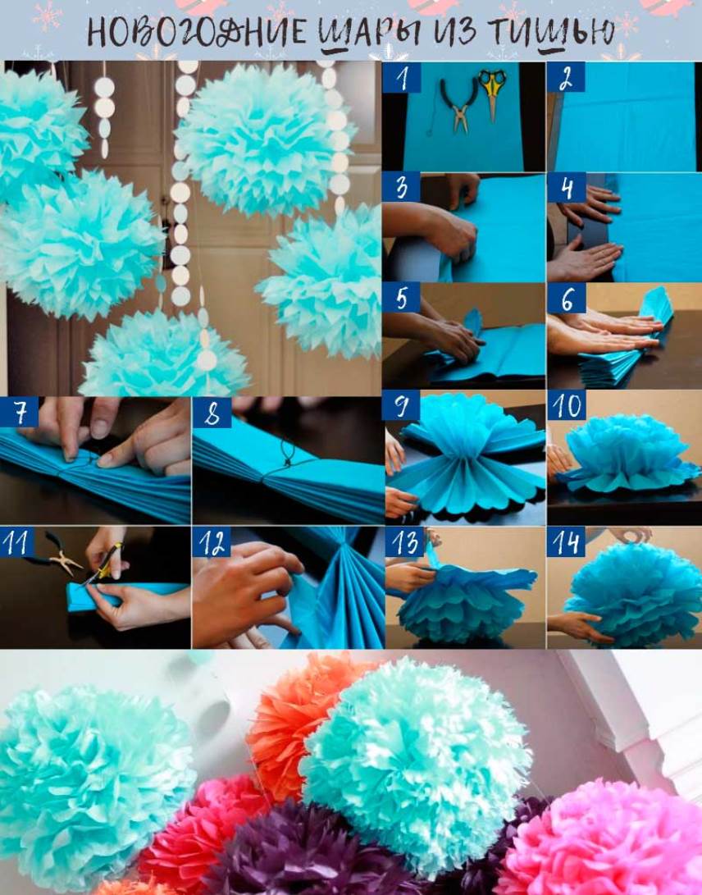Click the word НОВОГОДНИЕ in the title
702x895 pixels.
click(197, 31)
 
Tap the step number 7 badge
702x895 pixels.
click(20, 412)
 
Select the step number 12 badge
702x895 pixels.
click(211, 541)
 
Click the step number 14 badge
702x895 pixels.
click(566, 541)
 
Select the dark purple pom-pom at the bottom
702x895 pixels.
click(303, 851)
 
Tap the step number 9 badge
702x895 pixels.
click(401, 406)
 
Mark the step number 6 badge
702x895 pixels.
click(566, 298)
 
